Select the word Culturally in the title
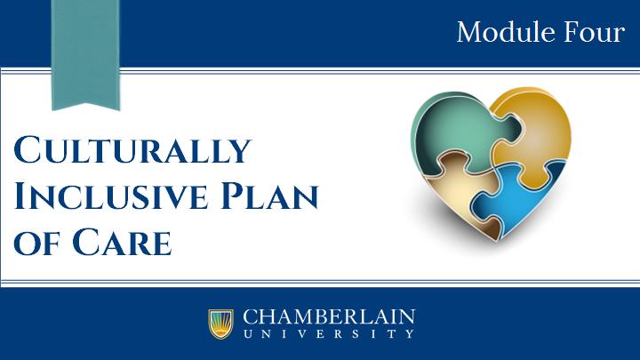[x=132, y=150]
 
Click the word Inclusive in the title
[x=111, y=196]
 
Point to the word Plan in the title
[x=269, y=196]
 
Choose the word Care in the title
[x=122, y=242]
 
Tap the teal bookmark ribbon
[x=85, y=55]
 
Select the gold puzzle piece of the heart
[x=535, y=135]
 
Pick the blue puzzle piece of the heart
[x=518, y=196]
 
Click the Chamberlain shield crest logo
[x=220, y=324]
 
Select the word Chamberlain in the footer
[x=329, y=316]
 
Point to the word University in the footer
[x=329, y=334]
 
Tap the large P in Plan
[x=236, y=196]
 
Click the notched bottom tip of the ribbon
[x=85, y=103]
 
